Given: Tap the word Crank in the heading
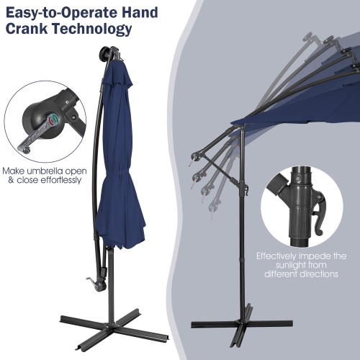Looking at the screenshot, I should (x=27, y=30).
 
